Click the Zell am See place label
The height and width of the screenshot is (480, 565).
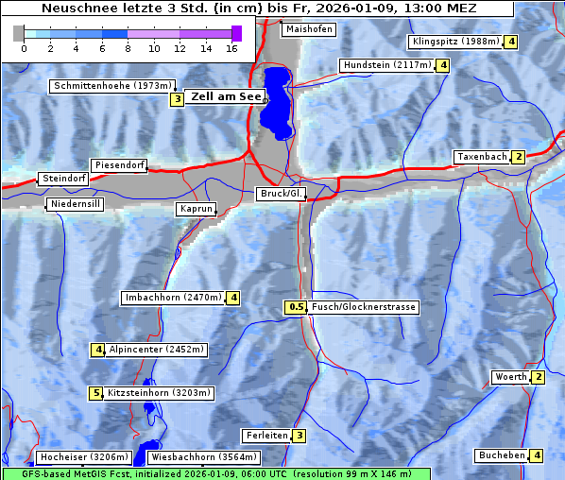click(227, 96)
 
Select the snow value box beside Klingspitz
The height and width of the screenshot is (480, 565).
click(511, 42)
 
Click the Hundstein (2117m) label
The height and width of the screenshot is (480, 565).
click(386, 65)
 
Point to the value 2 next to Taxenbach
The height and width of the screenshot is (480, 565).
click(518, 157)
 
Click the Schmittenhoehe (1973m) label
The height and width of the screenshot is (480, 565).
click(112, 86)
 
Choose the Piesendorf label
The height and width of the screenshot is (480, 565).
click(118, 165)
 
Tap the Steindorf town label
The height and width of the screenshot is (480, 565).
click(63, 179)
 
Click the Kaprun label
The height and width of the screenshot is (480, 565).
click(196, 209)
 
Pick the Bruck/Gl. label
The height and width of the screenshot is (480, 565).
click(282, 194)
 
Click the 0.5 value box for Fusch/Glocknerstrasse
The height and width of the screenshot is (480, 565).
click(296, 307)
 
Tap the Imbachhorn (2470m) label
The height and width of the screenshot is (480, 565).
click(173, 298)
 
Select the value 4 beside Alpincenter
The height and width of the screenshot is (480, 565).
click(97, 350)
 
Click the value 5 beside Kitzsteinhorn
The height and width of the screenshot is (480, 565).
click(95, 393)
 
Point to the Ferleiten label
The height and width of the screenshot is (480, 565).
click(265, 436)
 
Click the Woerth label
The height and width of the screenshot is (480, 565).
click(511, 377)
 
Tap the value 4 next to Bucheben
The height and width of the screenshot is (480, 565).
click(538, 455)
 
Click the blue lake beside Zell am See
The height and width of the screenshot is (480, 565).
click(276, 100)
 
